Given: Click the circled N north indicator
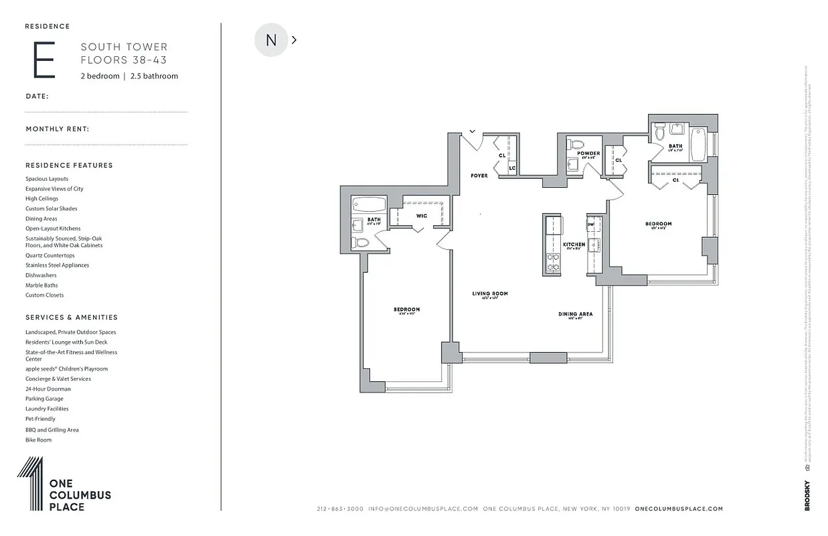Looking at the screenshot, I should [271, 40].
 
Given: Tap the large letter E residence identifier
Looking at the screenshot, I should [44, 61].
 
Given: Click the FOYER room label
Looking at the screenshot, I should [479, 176].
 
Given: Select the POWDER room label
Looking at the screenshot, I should [588, 153].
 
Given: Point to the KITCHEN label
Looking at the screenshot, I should [574, 245].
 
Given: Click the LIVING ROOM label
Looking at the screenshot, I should [490, 293].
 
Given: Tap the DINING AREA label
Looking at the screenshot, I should [576, 314].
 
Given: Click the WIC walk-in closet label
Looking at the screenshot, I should [422, 216].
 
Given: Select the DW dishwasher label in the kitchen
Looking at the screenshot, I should [591, 224].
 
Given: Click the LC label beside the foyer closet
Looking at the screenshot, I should [512, 167].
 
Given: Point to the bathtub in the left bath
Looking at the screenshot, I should [369, 204].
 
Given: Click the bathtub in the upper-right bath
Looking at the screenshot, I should [698, 143].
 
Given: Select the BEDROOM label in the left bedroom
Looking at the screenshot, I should [406, 310].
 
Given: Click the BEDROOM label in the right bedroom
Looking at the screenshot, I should [658, 224].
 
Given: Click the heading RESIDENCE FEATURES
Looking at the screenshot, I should [69, 165].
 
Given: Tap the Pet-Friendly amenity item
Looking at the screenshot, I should [41, 419].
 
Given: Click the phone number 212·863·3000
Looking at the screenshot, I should [340, 509].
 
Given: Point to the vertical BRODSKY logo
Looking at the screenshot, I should [807, 496].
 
